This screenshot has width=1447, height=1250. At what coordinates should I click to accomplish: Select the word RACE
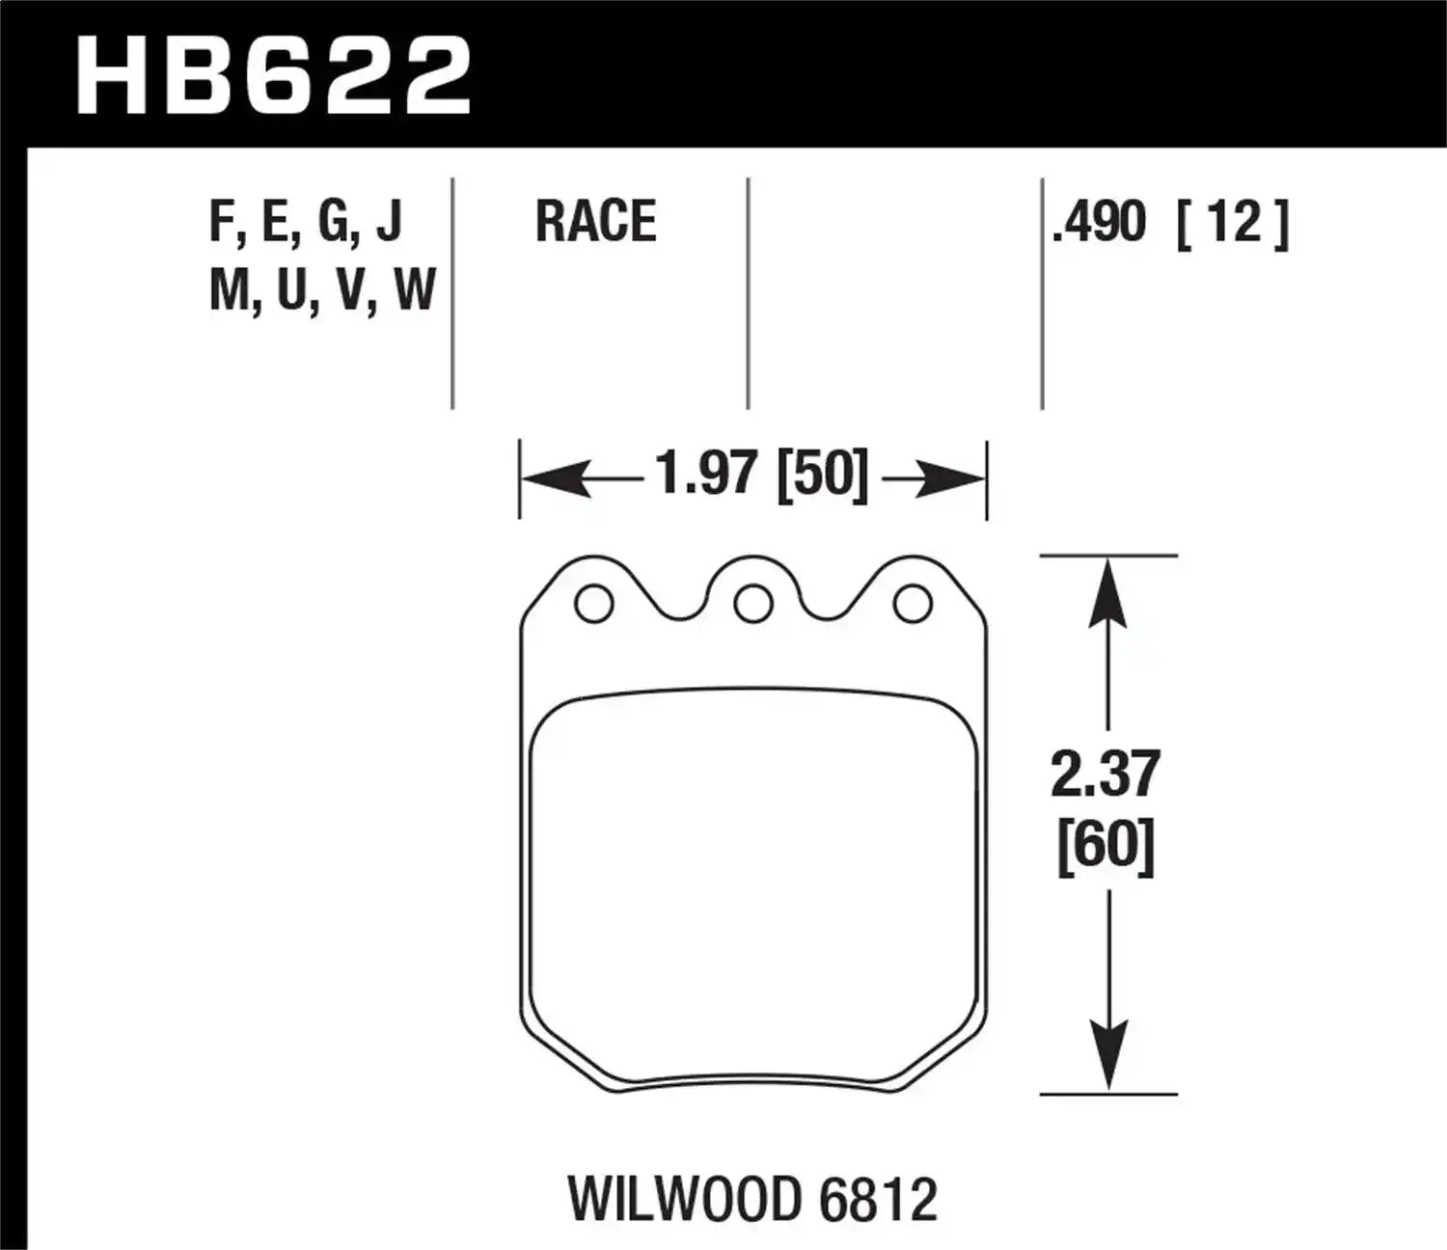point(595,222)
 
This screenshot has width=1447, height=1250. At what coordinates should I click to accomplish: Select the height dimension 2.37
point(1106,774)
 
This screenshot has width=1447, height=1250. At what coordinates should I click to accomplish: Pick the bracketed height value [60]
point(1106,848)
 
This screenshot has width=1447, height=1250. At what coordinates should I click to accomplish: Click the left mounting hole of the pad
point(593,605)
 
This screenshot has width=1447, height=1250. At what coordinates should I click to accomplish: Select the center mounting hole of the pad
point(752,605)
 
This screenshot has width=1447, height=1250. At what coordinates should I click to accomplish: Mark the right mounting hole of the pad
point(913,605)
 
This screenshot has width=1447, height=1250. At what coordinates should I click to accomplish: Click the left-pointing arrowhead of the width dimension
point(556,478)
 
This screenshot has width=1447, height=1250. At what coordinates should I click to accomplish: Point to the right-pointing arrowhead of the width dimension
point(951,478)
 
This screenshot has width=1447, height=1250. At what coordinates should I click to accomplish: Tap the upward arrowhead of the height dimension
point(1107,594)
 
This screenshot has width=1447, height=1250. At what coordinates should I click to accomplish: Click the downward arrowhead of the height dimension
point(1107,1055)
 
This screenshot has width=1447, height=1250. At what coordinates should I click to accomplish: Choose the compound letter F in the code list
point(221,222)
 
